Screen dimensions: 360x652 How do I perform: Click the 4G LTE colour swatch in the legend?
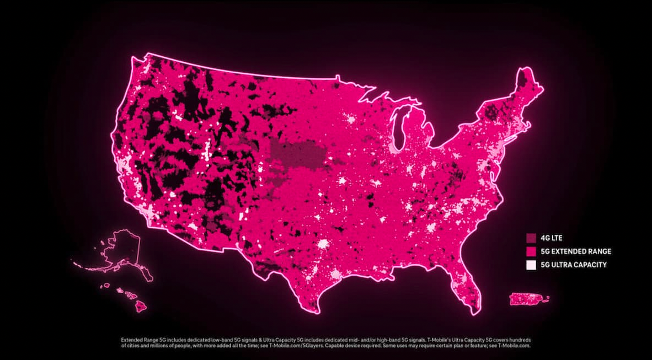click(x=531, y=238)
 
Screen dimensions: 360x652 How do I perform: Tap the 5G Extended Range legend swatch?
click(x=531, y=251)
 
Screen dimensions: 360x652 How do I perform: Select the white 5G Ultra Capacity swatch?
click(x=531, y=265)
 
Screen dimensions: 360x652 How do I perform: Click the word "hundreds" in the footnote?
click(x=518, y=340)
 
